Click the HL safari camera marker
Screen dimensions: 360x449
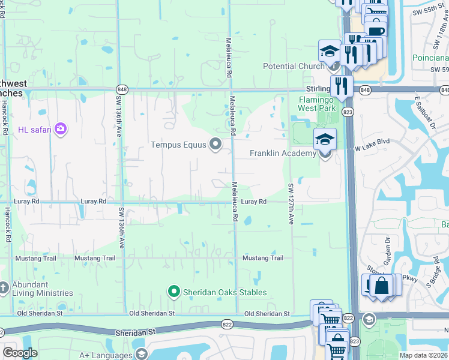coord(60,128)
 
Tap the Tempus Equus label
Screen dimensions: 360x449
coord(178,145)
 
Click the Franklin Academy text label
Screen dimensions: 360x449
coord(283,154)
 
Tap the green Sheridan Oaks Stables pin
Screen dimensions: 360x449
coord(174,292)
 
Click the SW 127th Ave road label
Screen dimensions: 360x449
coord(291,203)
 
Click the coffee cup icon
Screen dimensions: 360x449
coord(376,31)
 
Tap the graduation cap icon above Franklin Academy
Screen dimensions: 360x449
coord(325,139)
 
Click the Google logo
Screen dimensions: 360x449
coord(20,353)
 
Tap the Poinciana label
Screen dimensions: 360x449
coord(430,58)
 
